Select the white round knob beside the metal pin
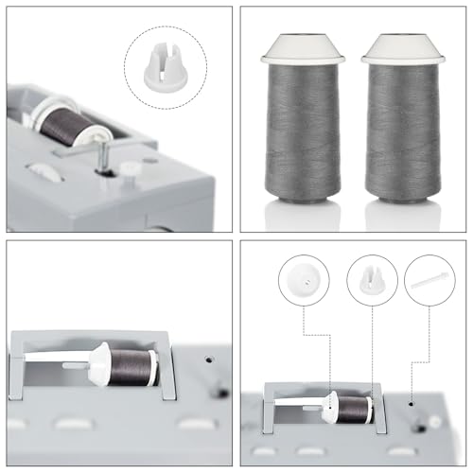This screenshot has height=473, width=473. [x=127, y=169]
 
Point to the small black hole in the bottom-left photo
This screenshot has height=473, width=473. [x=219, y=390]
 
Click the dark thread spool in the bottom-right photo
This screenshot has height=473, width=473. [x=352, y=408]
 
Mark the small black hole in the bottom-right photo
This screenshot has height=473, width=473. [x=413, y=400]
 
